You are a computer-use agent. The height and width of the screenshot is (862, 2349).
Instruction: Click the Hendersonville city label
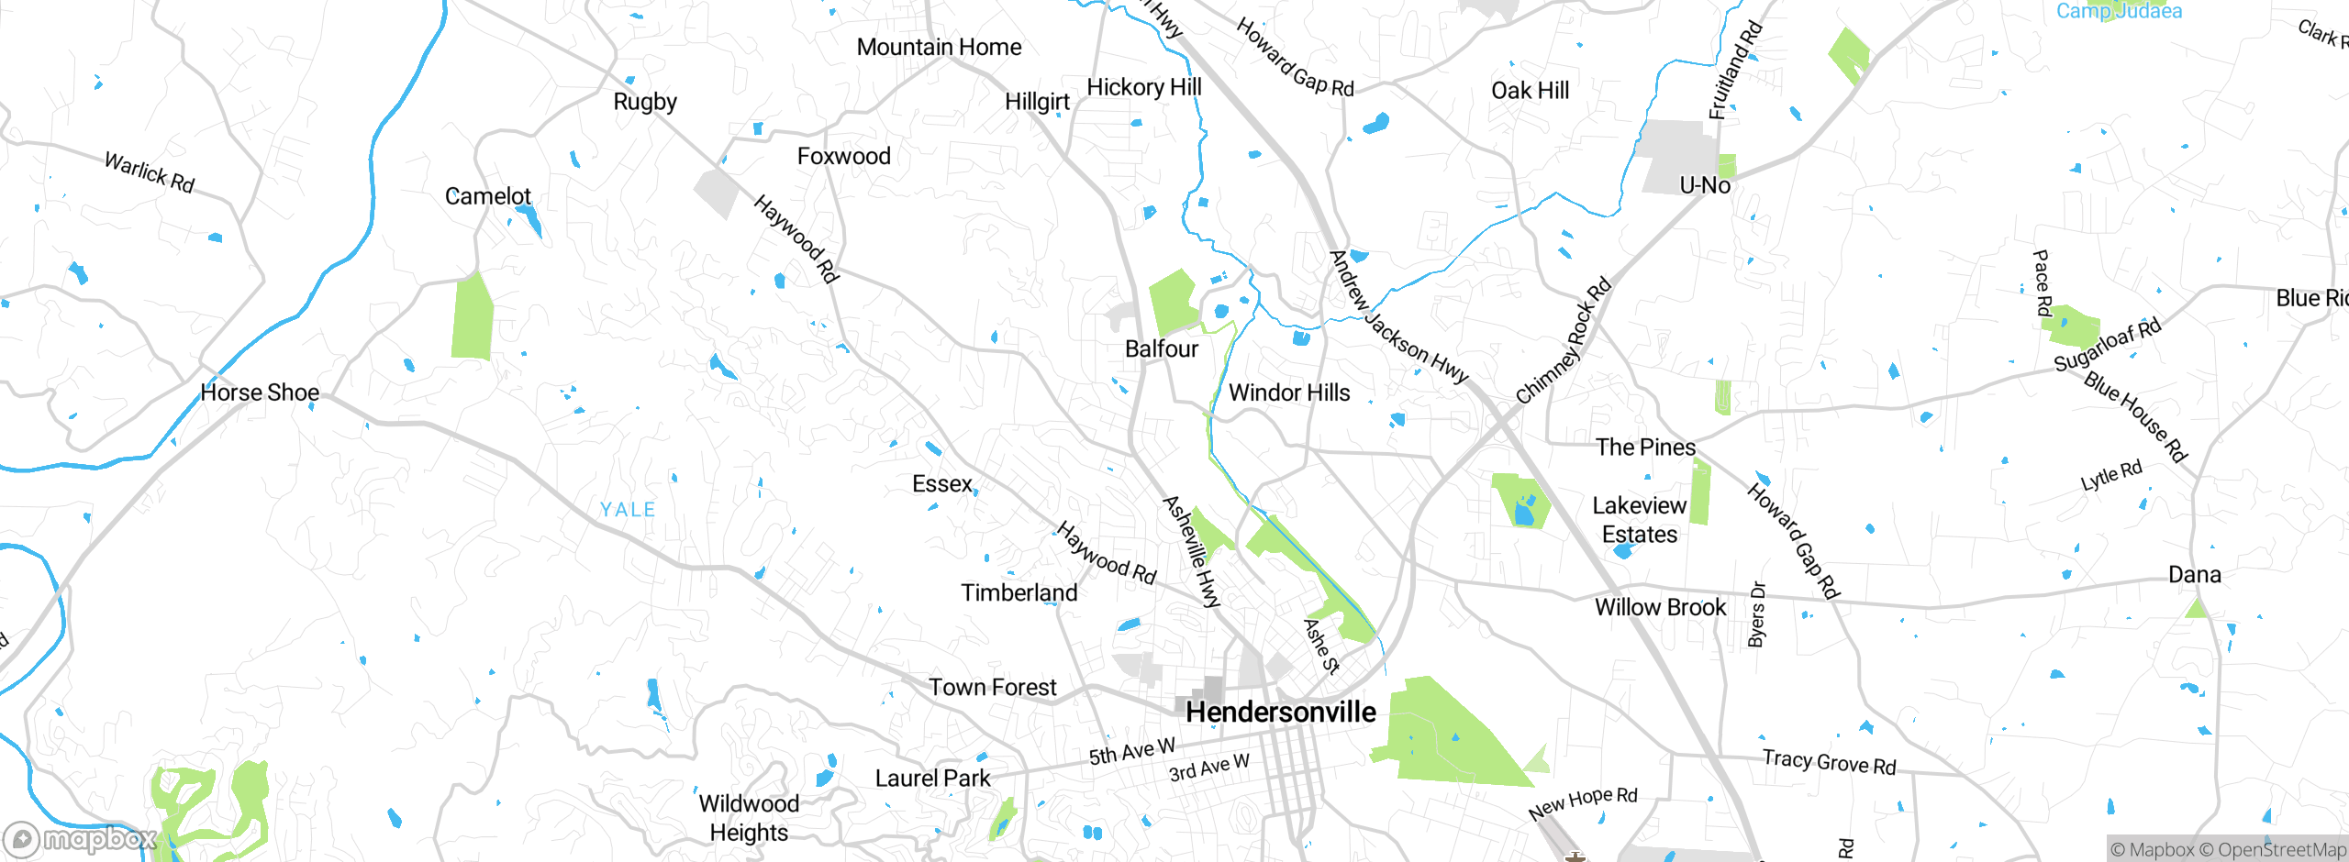click(1280, 713)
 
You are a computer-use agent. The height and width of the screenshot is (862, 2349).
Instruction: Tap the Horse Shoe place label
click(260, 393)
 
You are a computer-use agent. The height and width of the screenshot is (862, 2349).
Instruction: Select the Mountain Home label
click(939, 48)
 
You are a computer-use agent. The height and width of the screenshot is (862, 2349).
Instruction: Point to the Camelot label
click(487, 196)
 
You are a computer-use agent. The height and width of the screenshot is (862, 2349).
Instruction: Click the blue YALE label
click(628, 510)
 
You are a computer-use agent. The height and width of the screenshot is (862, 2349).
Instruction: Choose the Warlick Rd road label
click(150, 172)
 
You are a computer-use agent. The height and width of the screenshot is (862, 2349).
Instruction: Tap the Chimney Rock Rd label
click(1563, 341)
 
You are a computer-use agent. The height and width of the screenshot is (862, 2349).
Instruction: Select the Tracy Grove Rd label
click(1829, 762)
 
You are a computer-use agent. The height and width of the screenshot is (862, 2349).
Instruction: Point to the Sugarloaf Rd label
click(2107, 346)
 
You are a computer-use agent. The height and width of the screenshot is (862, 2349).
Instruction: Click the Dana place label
click(2194, 575)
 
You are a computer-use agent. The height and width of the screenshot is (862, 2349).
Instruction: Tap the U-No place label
click(1705, 185)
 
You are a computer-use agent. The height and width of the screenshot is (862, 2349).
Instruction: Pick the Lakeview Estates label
click(1639, 520)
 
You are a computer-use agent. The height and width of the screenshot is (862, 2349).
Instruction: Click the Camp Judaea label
click(2119, 11)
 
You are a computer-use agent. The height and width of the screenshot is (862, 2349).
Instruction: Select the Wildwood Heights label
click(749, 818)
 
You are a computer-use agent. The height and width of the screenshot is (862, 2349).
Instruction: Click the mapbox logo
click(80, 839)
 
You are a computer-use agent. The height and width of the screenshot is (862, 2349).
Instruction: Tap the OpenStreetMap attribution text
click(2279, 850)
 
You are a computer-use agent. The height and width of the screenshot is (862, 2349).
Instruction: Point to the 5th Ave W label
click(1131, 751)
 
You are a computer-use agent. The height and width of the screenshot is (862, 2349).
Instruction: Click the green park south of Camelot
click(473, 316)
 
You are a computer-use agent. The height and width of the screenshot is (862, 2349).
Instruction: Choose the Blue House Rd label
click(2136, 416)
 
